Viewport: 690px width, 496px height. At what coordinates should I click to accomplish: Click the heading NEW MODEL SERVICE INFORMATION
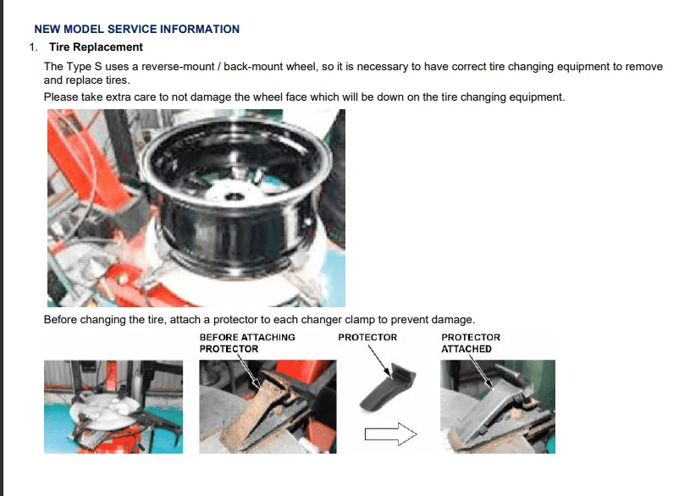pyautogui.click(x=137, y=29)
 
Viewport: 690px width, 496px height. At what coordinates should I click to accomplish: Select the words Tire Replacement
pyautogui.click(x=96, y=47)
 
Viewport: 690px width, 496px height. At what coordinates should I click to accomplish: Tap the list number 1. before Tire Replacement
pyautogui.click(x=34, y=47)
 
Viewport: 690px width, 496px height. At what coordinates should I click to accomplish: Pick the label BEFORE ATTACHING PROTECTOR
pyautogui.click(x=247, y=343)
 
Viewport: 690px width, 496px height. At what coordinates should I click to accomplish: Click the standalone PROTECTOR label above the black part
pyautogui.click(x=367, y=337)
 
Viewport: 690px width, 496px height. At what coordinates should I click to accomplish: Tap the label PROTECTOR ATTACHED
pyautogui.click(x=471, y=343)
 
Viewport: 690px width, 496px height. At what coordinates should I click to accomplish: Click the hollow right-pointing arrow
pyautogui.click(x=390, y=434)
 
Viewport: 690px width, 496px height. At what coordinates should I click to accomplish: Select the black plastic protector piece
pyautogui.click(x=387, y=388)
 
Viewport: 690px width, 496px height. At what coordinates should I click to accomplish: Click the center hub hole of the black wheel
pyautogui.click(x=234, y=196)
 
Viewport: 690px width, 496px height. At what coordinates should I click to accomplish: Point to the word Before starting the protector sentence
pyautogui.click(x=60, y=319)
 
